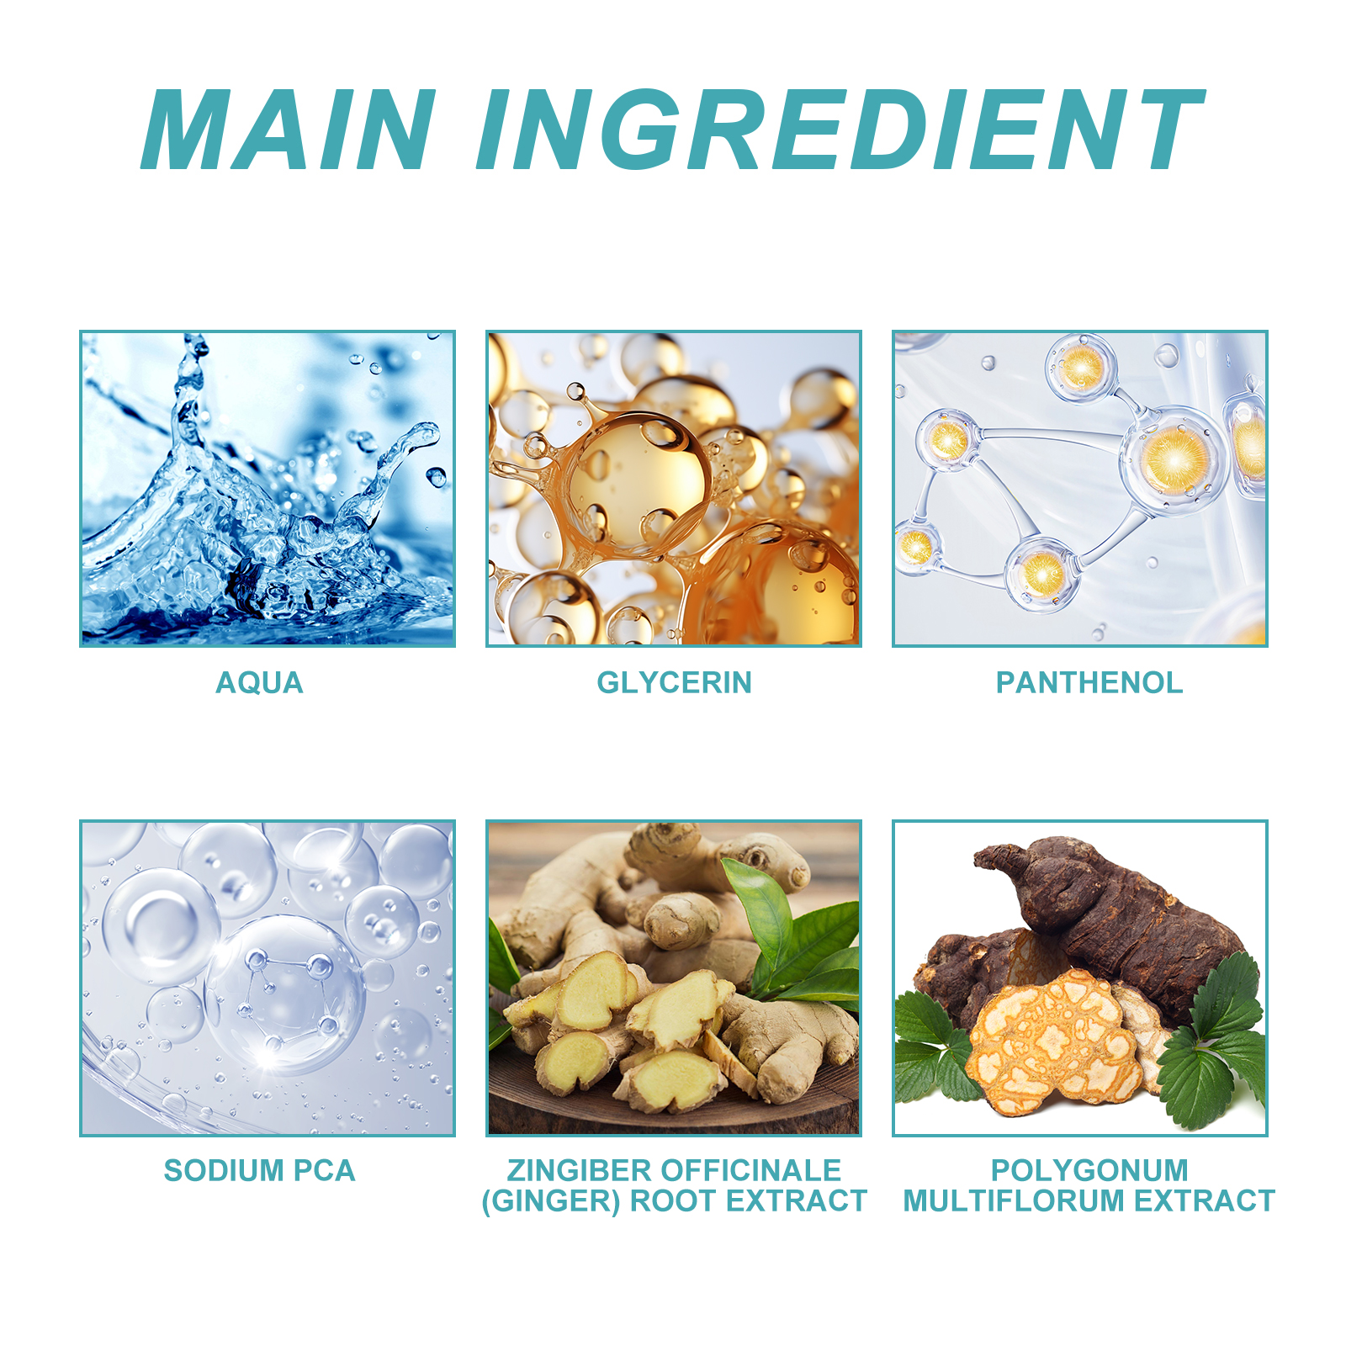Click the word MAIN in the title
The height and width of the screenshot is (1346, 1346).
(289, 130)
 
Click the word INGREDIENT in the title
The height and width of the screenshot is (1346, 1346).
(840, 130)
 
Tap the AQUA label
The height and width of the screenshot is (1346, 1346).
(259, 682)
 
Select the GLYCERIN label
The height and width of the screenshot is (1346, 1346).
(674, 682)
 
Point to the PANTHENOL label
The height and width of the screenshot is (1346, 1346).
(1089, 682)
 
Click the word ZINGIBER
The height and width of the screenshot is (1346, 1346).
(579, 1170)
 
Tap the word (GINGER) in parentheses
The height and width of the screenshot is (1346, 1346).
(551, 1201)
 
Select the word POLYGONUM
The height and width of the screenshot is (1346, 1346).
(1089, 1170)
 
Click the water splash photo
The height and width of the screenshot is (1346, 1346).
(268, 489)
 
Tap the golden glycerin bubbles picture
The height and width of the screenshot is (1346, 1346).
(674, 489)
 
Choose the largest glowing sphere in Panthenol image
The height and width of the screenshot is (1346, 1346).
(1174, 459)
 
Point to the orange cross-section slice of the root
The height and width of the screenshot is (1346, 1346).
(1052, 1043)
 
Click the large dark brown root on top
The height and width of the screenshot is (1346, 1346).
(1110, 917)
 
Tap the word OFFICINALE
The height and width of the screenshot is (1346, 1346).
(751, 1170)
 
